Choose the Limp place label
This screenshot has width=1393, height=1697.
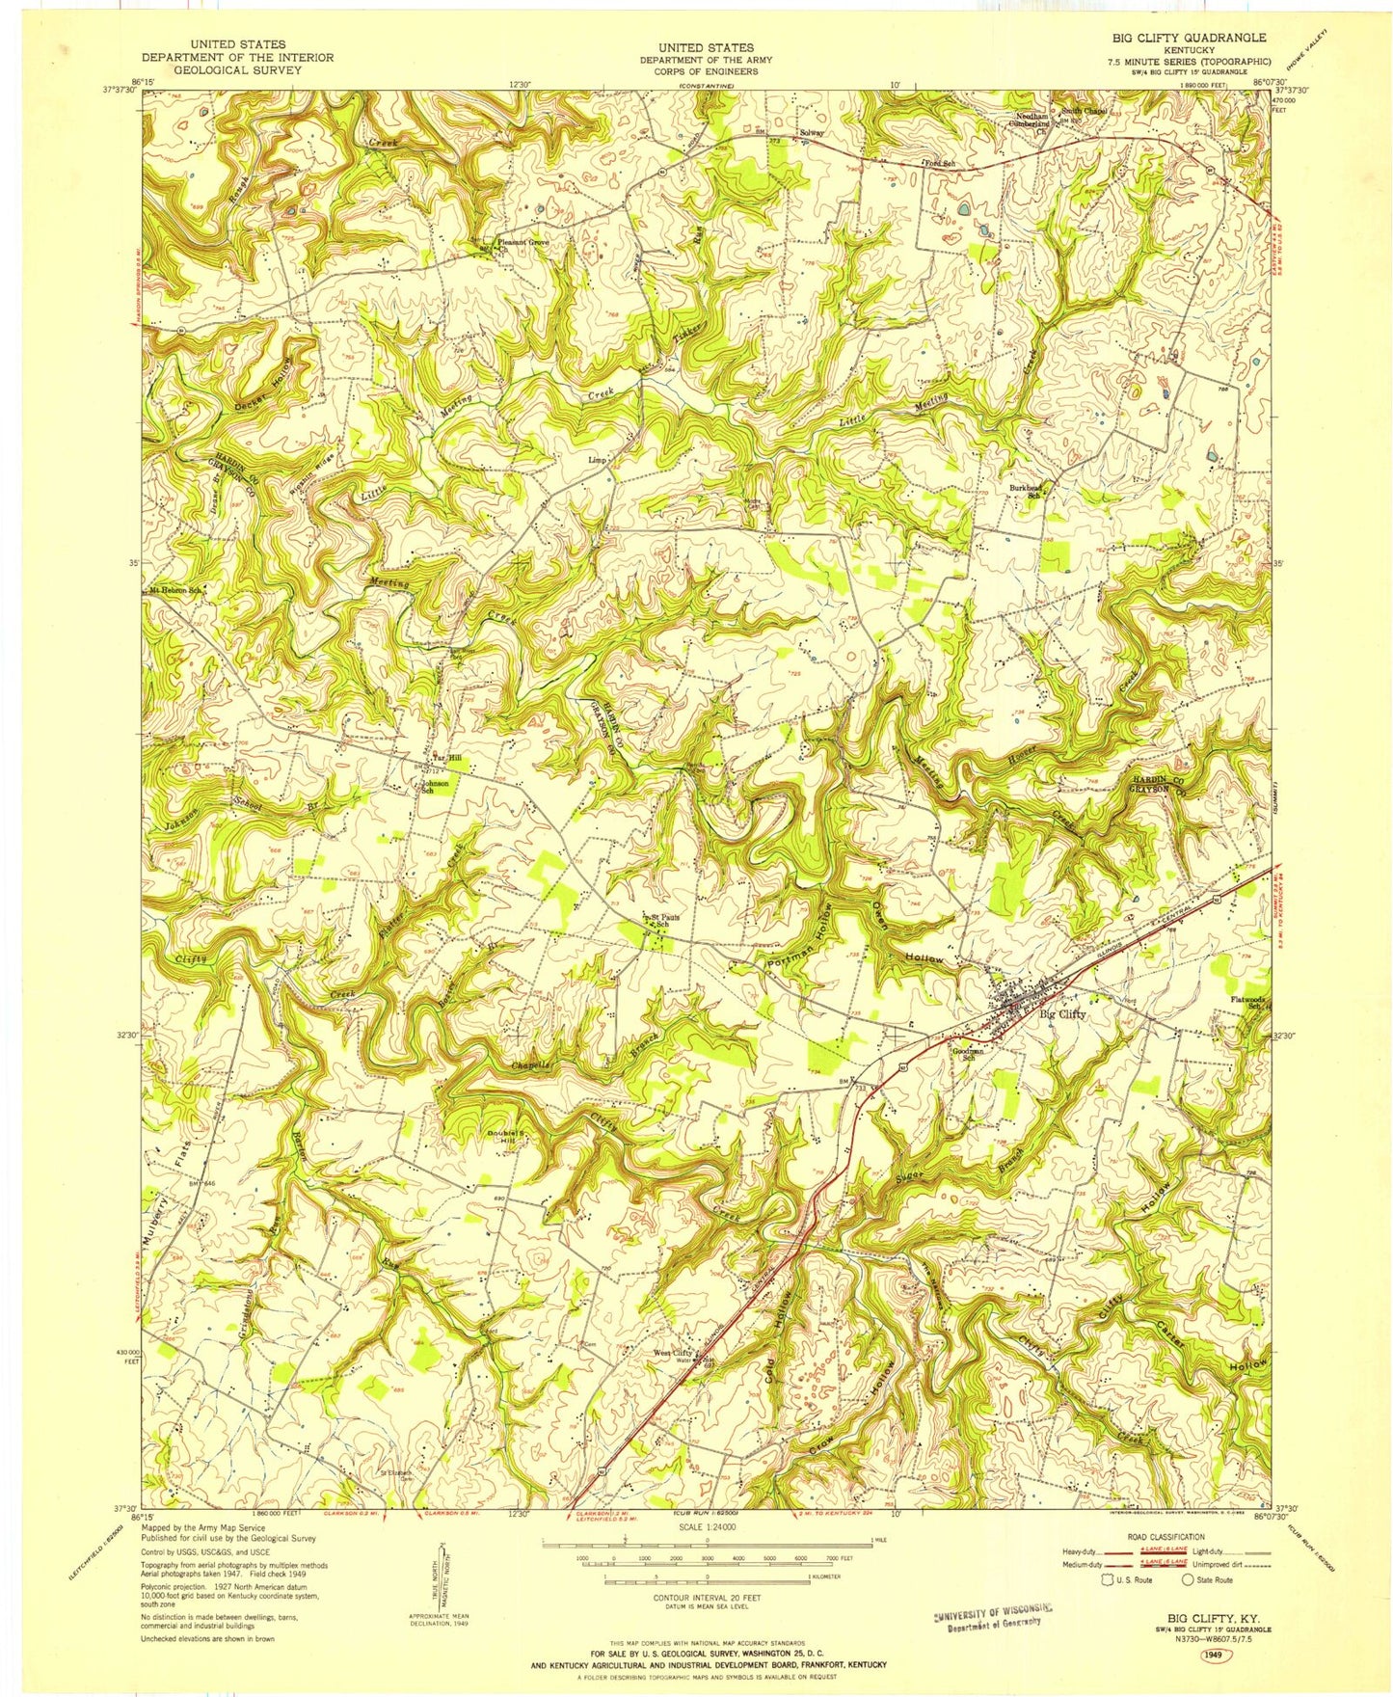tap(598, 461)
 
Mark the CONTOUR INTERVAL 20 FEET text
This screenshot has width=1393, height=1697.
tap(708, 1598)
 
